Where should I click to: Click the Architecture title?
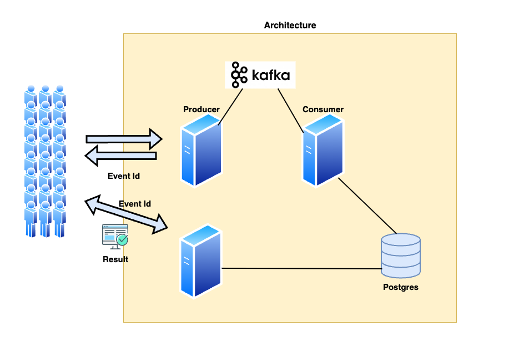tap(290, 26)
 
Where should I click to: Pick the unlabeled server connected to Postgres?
tap(201, 261)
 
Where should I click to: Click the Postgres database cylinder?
tap(401, 255)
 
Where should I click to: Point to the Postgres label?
tap(401, 287)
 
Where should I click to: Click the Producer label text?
tap(201, 109)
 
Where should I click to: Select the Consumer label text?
tap(323, 109)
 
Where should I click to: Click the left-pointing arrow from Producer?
tap(120, 156)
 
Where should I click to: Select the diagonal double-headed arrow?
tap(126, 213)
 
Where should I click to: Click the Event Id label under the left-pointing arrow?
tap(123, 176)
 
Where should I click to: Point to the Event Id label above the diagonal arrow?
tap(135, 204)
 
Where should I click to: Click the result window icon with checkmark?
tap(115, 236)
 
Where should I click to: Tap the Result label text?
tap(115, 259)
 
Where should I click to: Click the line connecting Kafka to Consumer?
tap(290, 109)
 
